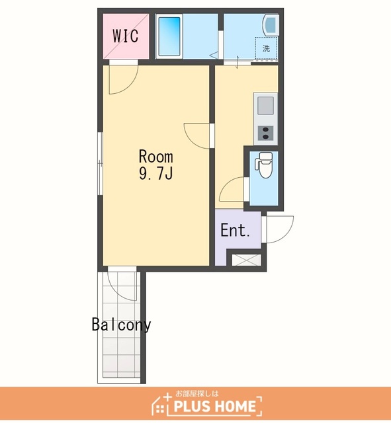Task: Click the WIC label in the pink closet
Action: (x=126, y=36)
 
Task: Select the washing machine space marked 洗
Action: (x=266, y=48)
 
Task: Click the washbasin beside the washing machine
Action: (x=271, y=24)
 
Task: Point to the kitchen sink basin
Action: (x=266, y=106)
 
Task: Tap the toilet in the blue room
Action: (x=263, y=165)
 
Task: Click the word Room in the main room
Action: (x=156, y=157)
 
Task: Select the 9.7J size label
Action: (x=156, y=173)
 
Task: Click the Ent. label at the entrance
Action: (x=235, y=231)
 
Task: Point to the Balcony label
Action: (x=121, y=325)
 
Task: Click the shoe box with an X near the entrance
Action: (x=247, y=260)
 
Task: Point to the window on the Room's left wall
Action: (x=100, y=163)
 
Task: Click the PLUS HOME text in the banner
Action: (x=214, y=406)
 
